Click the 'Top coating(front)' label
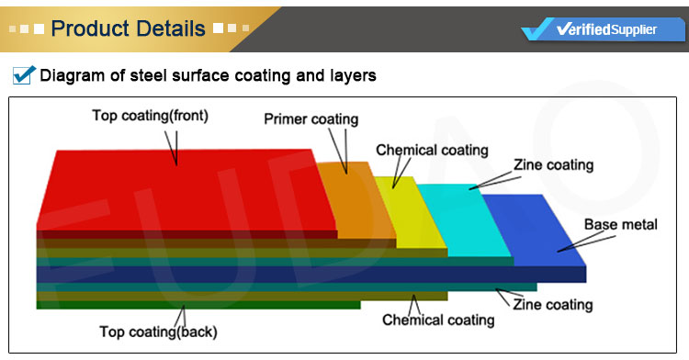point(150,116)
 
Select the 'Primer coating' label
point(311,119)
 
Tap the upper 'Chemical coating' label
point(432,150)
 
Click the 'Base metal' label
point(621,225)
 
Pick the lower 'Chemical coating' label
point(438,321)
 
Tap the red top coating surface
point(184,188)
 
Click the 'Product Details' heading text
point(129,28)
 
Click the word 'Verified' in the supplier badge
point(583,29)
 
